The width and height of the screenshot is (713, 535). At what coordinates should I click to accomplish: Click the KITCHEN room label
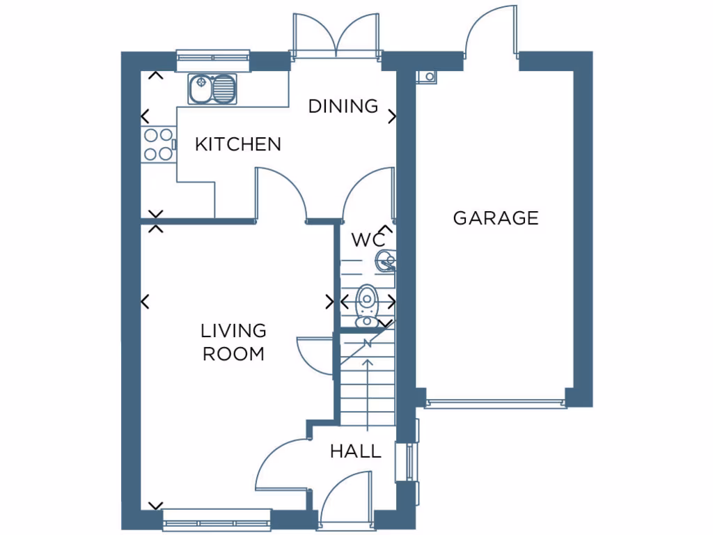(238, 144)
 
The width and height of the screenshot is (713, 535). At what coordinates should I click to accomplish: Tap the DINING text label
(343, 107)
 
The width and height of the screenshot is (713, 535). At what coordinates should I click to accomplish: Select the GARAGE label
(496, 218)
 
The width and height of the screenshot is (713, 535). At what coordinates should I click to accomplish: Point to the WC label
(368, 240)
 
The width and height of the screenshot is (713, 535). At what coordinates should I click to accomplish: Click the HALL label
(356, 451)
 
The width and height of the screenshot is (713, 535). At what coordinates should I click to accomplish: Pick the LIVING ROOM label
(233, 342)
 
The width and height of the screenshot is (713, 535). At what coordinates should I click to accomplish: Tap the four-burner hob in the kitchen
(157, 144)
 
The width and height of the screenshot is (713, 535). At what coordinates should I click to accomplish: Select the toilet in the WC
(366, 307)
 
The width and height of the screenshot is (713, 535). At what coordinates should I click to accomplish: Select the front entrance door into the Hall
(347, 496)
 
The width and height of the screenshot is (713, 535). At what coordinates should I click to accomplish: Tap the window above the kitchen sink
(213, 60)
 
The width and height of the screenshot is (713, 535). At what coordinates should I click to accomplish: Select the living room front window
(216, 519)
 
